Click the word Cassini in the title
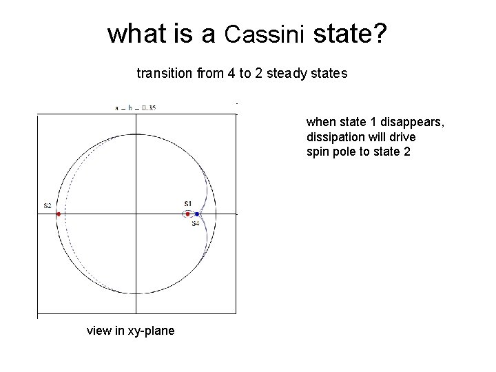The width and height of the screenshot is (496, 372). click(x=265, y=33)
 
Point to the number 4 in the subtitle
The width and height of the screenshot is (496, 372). click(x=225, y=72)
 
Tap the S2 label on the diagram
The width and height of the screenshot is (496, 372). click(x=47, y=205)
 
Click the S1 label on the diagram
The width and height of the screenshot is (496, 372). click(x=187, y=203)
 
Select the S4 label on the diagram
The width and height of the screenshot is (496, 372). click(x=195, y=223)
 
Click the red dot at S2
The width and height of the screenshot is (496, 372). click(x=59, y=214)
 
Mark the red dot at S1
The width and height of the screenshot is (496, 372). click(x=187, y=214)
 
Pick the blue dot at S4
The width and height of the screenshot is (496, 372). click(x=196, y=214)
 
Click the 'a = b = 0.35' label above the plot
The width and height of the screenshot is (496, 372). click(x=134, y=107)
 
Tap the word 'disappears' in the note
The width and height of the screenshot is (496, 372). click(x=420, y=123)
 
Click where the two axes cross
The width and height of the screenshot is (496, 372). click(x=136, y=214)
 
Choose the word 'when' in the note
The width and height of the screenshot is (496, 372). click(x=320, y=123)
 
